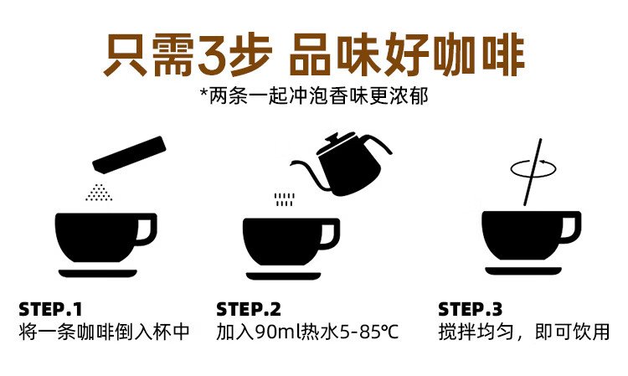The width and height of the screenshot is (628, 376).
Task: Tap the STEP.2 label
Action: (248, 308)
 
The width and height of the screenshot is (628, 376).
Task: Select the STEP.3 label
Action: (471, 308)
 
